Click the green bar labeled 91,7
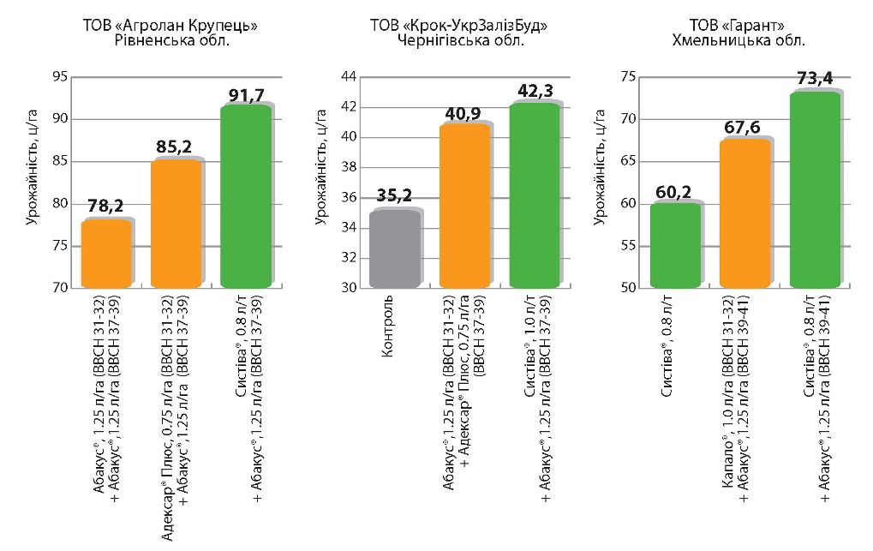(246, 196)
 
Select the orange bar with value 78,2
(106, 254)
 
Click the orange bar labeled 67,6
(744, 214)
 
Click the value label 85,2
(176, 147)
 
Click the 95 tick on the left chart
(60, 77)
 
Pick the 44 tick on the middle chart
(349, 77)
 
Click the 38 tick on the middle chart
(349, 168)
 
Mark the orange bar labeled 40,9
(465, 206)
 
